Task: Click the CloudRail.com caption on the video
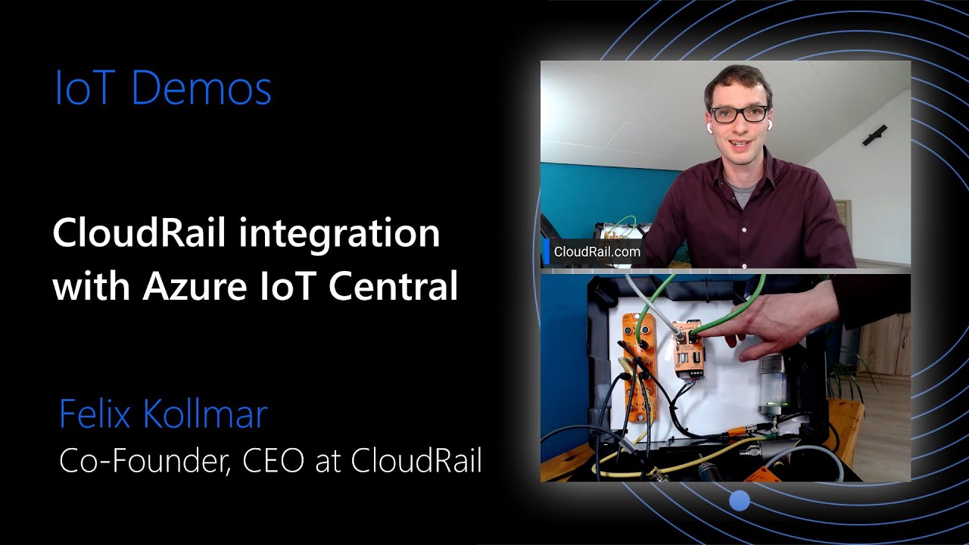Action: click(597, 252)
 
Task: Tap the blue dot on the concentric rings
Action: click(740, 500)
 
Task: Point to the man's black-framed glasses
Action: click(737, 114)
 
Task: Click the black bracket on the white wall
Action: click(875, 135)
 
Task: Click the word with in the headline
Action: click(85, 287)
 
